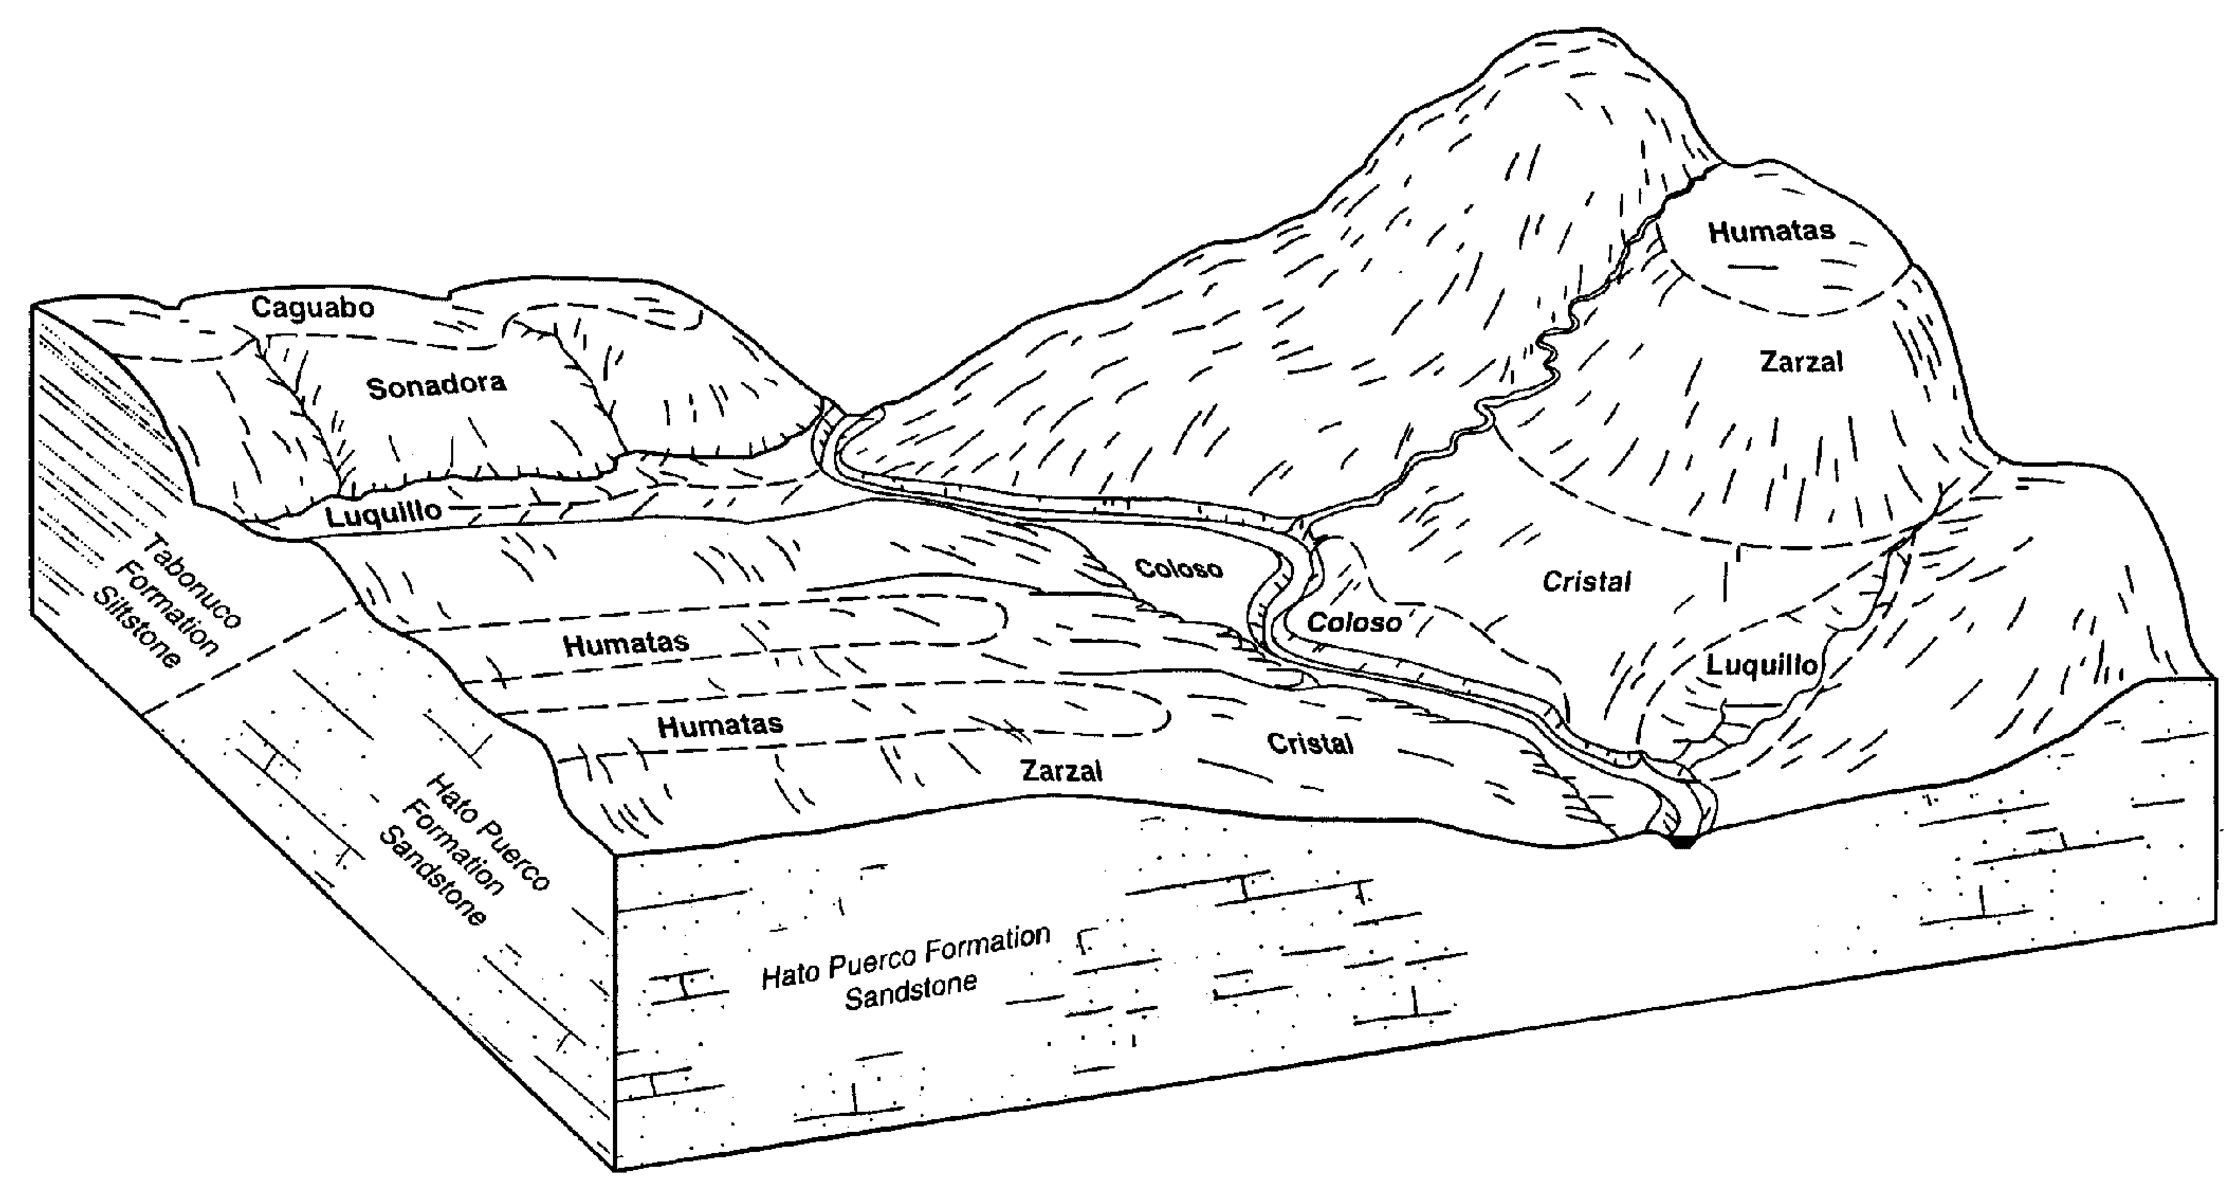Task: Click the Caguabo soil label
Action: [x=313, y=307]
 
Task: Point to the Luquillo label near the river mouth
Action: [x=1761, y=666]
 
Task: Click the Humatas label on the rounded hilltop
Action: [x=1772, y=231]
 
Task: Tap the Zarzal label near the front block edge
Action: [x=1061, y=770]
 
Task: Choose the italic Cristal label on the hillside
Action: [x=1587, y=581]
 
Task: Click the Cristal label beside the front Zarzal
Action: [x=1309, y=743]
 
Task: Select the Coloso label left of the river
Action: [x=1178, y=568]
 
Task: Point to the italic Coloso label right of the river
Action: [x=1354, y=622]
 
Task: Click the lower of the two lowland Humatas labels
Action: [x=720, y=724]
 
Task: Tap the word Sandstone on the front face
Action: [x=911, y=991]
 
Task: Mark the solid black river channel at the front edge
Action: [x=1683, y=841]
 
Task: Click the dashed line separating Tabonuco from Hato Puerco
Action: [x=252, y=658]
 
